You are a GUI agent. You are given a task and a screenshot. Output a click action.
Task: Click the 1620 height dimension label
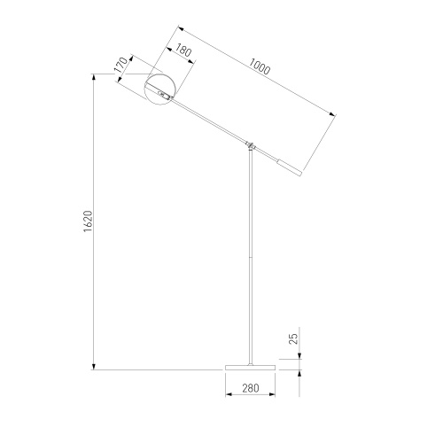(88, 221)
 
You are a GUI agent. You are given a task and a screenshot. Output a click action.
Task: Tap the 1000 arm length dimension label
(260, 66)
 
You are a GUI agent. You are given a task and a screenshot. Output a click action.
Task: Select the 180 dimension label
(183, 51)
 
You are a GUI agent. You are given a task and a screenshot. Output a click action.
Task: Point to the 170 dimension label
(121, 65)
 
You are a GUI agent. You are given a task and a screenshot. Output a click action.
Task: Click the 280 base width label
(251, 388)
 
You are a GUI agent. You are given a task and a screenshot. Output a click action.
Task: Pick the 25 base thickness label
(293, 338)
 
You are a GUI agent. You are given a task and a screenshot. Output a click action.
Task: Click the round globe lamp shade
(160, 89)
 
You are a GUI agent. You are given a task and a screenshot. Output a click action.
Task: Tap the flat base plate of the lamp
(250, 368)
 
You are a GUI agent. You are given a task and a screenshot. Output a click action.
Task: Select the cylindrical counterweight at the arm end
(289, 168)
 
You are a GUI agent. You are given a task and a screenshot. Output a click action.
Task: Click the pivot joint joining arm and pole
(251, 145)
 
